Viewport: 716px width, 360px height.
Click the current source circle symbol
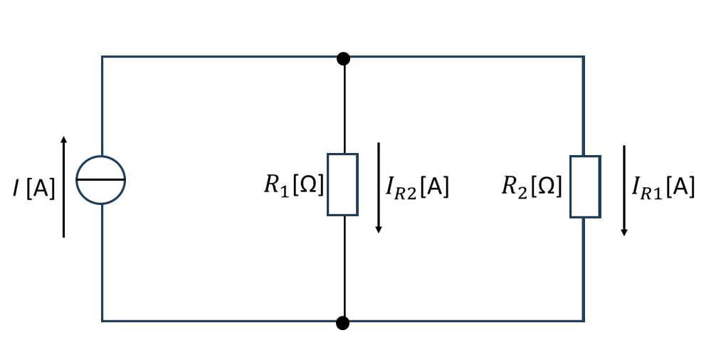[101, 180]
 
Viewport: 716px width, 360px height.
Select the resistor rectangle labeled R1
[342, 184]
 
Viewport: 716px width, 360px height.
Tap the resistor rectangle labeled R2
[585, 186]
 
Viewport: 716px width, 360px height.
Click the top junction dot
[343, 58]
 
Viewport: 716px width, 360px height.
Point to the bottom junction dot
[342, 323]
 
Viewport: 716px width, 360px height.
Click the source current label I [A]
[33, 189]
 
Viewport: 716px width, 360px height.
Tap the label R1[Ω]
[294, 185]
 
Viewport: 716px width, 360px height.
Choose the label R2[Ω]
[532, 186]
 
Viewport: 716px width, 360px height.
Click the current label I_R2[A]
[417, 187]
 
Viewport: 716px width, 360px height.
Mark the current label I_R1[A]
[663, 187]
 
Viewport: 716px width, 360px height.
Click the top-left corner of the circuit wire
[102, 56]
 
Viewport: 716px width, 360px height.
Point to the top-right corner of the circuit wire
[584, 56]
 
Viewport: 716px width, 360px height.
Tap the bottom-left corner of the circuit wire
[102, 321]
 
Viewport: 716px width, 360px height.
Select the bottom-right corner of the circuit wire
[584, 321]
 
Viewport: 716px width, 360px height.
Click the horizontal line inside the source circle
[101, 180]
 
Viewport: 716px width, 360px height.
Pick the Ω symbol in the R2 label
[546, 186]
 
